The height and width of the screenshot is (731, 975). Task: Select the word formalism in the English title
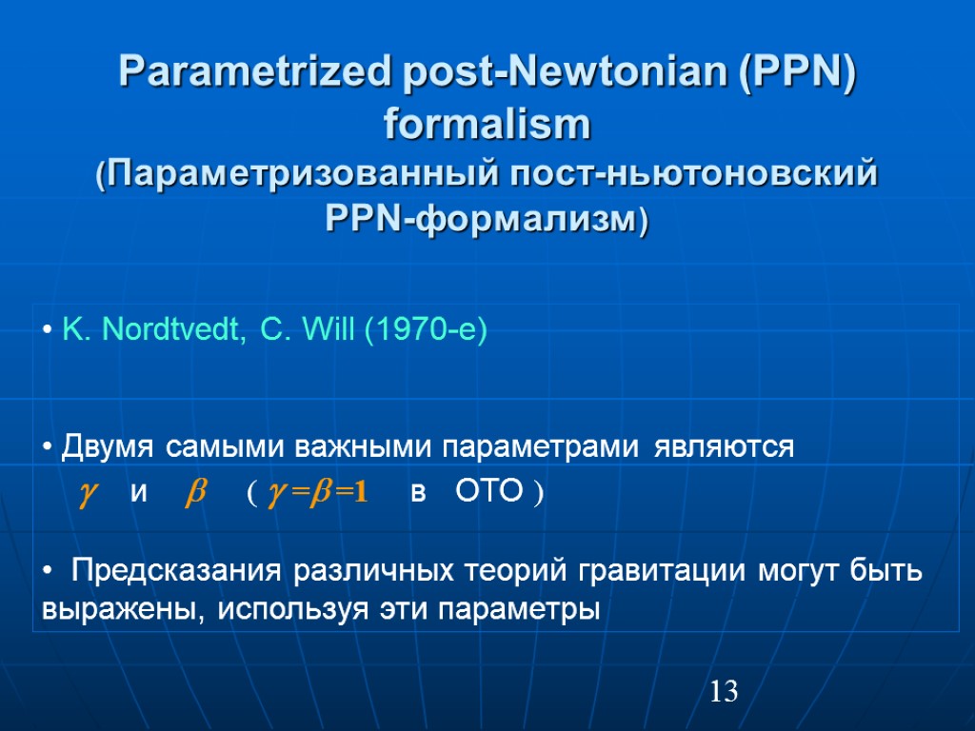click(487, 124)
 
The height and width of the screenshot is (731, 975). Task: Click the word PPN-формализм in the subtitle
click(487, 221)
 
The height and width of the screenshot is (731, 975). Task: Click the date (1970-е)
click(425, 331)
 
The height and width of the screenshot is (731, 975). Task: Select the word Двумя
click(109, 446)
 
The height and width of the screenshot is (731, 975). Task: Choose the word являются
click(724, 446)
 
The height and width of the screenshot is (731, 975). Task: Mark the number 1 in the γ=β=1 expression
click(361, 494)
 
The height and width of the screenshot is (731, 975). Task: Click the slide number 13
click(724, 692)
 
